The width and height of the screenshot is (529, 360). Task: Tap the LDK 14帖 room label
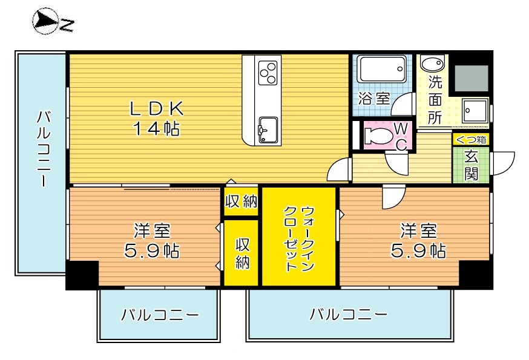[157, 118]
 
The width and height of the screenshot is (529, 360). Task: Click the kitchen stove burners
[268, 73]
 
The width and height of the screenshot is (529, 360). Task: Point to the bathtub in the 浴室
[381, 70]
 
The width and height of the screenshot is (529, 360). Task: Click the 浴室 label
[373, 99]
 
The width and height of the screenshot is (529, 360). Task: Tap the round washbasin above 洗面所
[431, 64]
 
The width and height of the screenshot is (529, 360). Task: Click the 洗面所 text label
[435, 99]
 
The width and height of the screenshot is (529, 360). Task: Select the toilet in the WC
[379, 135]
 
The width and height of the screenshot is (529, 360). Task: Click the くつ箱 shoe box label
[470, 139]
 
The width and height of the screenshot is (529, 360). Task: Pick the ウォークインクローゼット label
[298, 238]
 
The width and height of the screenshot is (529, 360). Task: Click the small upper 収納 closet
[241, 201]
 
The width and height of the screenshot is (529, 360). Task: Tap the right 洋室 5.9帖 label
[418, 240]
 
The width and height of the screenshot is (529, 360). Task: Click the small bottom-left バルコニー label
[159, 315]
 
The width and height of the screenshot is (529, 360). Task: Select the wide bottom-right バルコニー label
[348, 315]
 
